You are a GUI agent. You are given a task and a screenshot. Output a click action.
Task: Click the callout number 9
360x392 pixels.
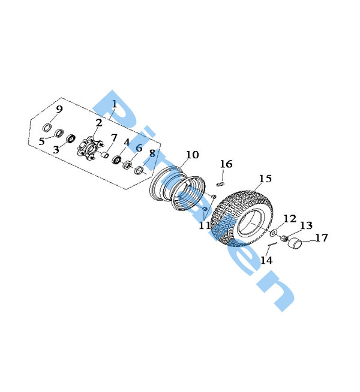click(59, 109)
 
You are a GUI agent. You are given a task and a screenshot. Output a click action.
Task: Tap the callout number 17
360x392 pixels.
click(322, 238)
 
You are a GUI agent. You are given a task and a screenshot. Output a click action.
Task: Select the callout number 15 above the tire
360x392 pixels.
click(265, 179)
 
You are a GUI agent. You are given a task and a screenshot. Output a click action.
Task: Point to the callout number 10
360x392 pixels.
click(193, 155)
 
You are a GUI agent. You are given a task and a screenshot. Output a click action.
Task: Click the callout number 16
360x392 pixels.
click(226, 164)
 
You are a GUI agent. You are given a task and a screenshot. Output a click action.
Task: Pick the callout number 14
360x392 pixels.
click(266, 260)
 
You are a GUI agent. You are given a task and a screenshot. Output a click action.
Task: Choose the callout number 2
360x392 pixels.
click(99, 123)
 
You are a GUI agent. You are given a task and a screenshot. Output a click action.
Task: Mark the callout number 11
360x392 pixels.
click(205, 225)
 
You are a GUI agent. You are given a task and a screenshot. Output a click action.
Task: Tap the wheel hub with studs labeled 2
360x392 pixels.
click(90, 148)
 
